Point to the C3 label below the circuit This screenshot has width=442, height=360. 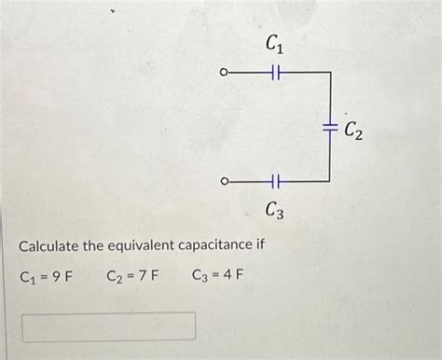click(274, 212)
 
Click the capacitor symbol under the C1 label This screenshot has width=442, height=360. click(275, 72)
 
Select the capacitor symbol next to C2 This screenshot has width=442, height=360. click(329, 126)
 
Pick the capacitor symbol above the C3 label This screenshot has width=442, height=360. click(275, 181)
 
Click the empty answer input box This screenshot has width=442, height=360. click(110, 325)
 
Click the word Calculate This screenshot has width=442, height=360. click(53, 245)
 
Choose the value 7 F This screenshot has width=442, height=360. click(148, 276)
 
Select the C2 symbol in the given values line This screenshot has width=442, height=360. click(112, 276)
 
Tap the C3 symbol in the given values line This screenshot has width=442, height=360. click(198, 276)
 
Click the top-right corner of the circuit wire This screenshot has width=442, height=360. click(329, 72)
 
